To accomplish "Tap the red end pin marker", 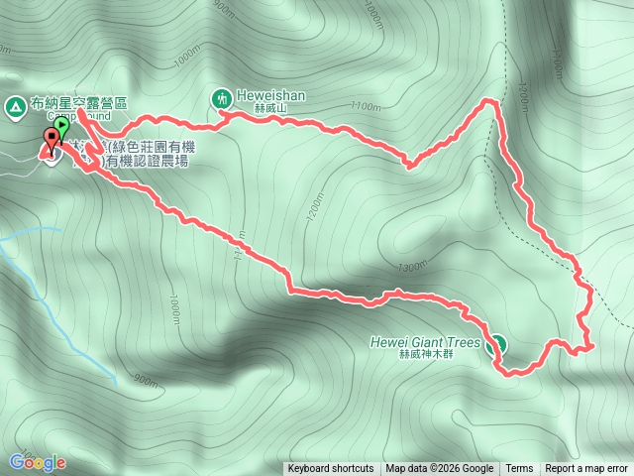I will tap(51, 142).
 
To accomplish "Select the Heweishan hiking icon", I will tap(220, 97).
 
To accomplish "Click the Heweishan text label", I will tap(263, 96).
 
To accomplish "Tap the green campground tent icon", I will tap(15, 104).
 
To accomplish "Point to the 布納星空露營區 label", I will tap(79, 103).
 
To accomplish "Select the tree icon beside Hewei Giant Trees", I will tap(496, 344).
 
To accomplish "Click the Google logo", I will tap(37, 462).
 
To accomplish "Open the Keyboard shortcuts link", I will tap(331, 469).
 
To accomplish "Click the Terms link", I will tap(519, 469).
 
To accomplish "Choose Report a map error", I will tap(586, 469).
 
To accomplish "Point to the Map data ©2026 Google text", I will tap(440, 469).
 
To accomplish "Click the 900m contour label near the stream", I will tap(144, 380).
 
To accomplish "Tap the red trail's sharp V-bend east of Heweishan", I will tap(409, 165).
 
